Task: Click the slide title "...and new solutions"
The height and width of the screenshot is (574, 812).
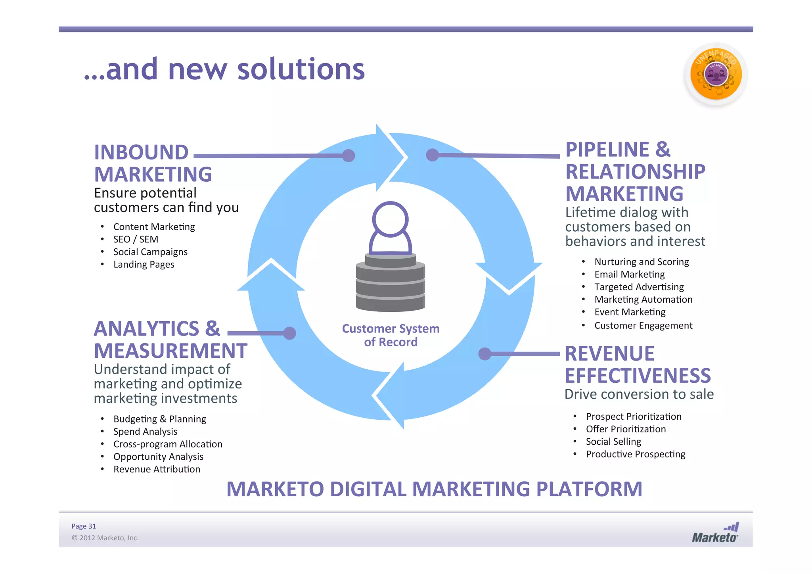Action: click(224, 69)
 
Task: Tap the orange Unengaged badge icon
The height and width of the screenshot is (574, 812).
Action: click(716, 74)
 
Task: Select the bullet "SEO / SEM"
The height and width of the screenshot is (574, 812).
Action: click(136, 239)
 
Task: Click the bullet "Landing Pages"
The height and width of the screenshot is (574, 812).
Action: click(144, 265)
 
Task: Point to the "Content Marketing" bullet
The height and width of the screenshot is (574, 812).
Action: click(154, 227)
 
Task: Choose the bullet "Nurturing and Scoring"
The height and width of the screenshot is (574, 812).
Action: click(642, 262)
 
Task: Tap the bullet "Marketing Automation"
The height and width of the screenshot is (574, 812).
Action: click(643, 299)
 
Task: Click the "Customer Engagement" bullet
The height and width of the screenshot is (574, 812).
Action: click(643, 326)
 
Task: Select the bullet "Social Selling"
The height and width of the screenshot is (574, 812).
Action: click(613, 442)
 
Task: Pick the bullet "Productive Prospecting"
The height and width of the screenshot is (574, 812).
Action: click(636, 454)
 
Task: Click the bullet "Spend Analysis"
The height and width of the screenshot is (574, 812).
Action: click(145, 432)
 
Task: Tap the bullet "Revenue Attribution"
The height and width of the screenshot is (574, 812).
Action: click(157, 469)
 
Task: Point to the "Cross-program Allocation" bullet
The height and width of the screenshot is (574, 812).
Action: click(168, 444)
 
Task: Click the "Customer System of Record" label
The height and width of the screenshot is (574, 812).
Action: click(391, 335)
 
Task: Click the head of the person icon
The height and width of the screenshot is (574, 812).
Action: click(390, 219)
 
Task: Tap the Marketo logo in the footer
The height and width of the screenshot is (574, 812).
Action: click(715, 534)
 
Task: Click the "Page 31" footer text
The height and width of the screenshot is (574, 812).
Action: click(84, 526)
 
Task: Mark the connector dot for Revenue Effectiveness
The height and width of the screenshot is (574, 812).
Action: click(485, 354)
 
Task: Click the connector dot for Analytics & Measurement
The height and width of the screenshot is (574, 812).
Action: click(290, 333)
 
